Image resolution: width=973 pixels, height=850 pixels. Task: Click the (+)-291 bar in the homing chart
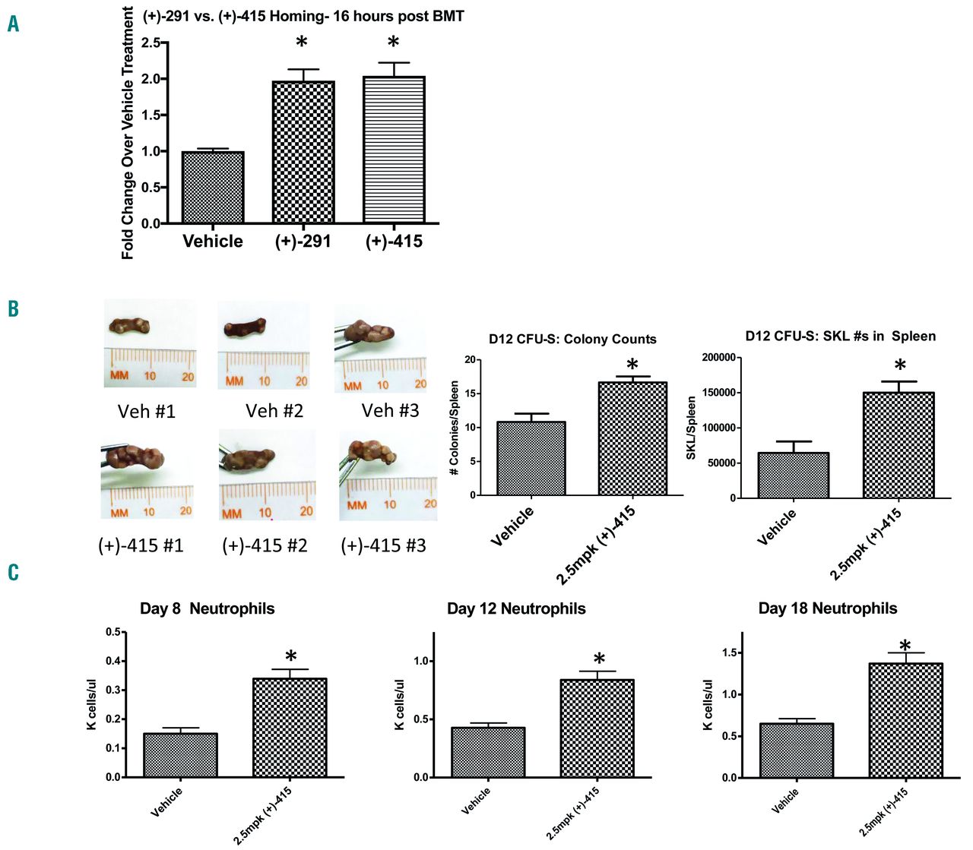[x=303, y=152]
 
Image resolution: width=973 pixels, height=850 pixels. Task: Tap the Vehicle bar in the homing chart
[x=213, y=187]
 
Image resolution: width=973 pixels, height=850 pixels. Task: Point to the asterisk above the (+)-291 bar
[x=302, y=43]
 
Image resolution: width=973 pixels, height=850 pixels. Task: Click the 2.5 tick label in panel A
[x=151, y=43]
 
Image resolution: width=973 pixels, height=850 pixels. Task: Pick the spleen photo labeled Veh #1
[x=150, y=343]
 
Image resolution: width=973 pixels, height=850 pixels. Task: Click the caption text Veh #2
[x=274, y=411]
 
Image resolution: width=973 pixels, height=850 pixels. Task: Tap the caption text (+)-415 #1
[x=141, y=545]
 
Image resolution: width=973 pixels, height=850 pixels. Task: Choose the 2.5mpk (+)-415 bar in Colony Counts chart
[x=632, y=438]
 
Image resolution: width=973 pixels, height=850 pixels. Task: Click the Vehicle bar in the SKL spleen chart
[x=794, y=475]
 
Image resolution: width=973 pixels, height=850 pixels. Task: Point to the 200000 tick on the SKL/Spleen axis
[x=719, y=358]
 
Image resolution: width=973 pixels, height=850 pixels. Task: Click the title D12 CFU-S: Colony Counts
[x=572, y=339]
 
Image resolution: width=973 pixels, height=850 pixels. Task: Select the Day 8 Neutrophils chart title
[x=207, y=608]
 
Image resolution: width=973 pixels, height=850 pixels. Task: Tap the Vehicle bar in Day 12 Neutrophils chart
[x=488, y=752]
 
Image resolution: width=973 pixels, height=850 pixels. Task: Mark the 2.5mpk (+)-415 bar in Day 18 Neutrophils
[x=905, y=720]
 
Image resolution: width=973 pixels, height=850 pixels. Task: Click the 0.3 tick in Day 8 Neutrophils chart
[x=113, y=690]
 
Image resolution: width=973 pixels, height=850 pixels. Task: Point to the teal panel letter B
[x=13, y=308]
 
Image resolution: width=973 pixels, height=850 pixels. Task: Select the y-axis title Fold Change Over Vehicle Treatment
[x=128, y=133]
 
